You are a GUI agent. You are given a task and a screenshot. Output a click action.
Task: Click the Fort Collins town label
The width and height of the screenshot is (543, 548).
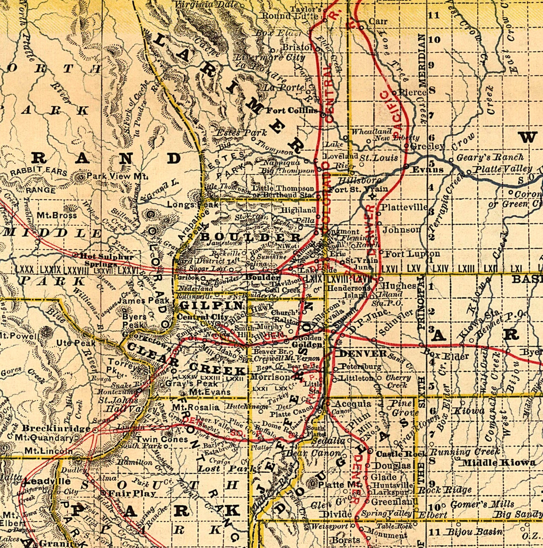292,110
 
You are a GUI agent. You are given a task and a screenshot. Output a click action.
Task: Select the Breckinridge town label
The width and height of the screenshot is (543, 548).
56,428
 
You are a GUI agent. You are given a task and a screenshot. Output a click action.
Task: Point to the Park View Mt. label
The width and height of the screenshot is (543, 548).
117,176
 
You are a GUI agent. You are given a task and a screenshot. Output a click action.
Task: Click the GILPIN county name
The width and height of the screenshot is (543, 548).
211,305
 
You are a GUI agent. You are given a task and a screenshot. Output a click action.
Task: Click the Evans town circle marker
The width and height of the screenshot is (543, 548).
406,166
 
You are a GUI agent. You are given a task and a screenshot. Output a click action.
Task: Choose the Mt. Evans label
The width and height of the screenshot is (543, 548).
210,392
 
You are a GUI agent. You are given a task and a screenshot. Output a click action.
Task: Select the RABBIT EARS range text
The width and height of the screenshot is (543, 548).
38,172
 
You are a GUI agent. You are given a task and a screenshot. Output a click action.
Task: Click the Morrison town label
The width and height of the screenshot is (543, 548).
270,377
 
